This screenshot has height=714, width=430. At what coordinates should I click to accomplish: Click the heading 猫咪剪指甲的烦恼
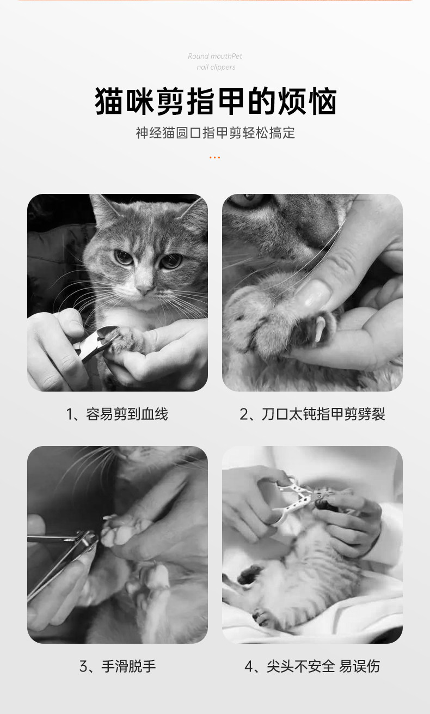pos(216,101)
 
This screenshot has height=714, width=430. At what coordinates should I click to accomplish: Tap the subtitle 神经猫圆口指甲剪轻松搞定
pos(216,133)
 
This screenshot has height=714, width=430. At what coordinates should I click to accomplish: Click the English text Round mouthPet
pos(215,56)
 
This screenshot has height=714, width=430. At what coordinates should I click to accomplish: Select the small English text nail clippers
pos(216,67)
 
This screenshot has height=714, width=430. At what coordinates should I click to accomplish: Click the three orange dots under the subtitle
pos(214,157)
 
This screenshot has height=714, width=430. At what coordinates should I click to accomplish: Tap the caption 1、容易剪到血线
pos(117,414)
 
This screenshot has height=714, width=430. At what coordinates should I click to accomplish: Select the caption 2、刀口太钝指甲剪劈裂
pos(312,414)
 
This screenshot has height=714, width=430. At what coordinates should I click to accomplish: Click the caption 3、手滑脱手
pos(118,666)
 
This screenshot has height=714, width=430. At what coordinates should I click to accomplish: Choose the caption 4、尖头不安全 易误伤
pos(312,666)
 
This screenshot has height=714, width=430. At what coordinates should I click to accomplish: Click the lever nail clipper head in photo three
pos(87,539)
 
